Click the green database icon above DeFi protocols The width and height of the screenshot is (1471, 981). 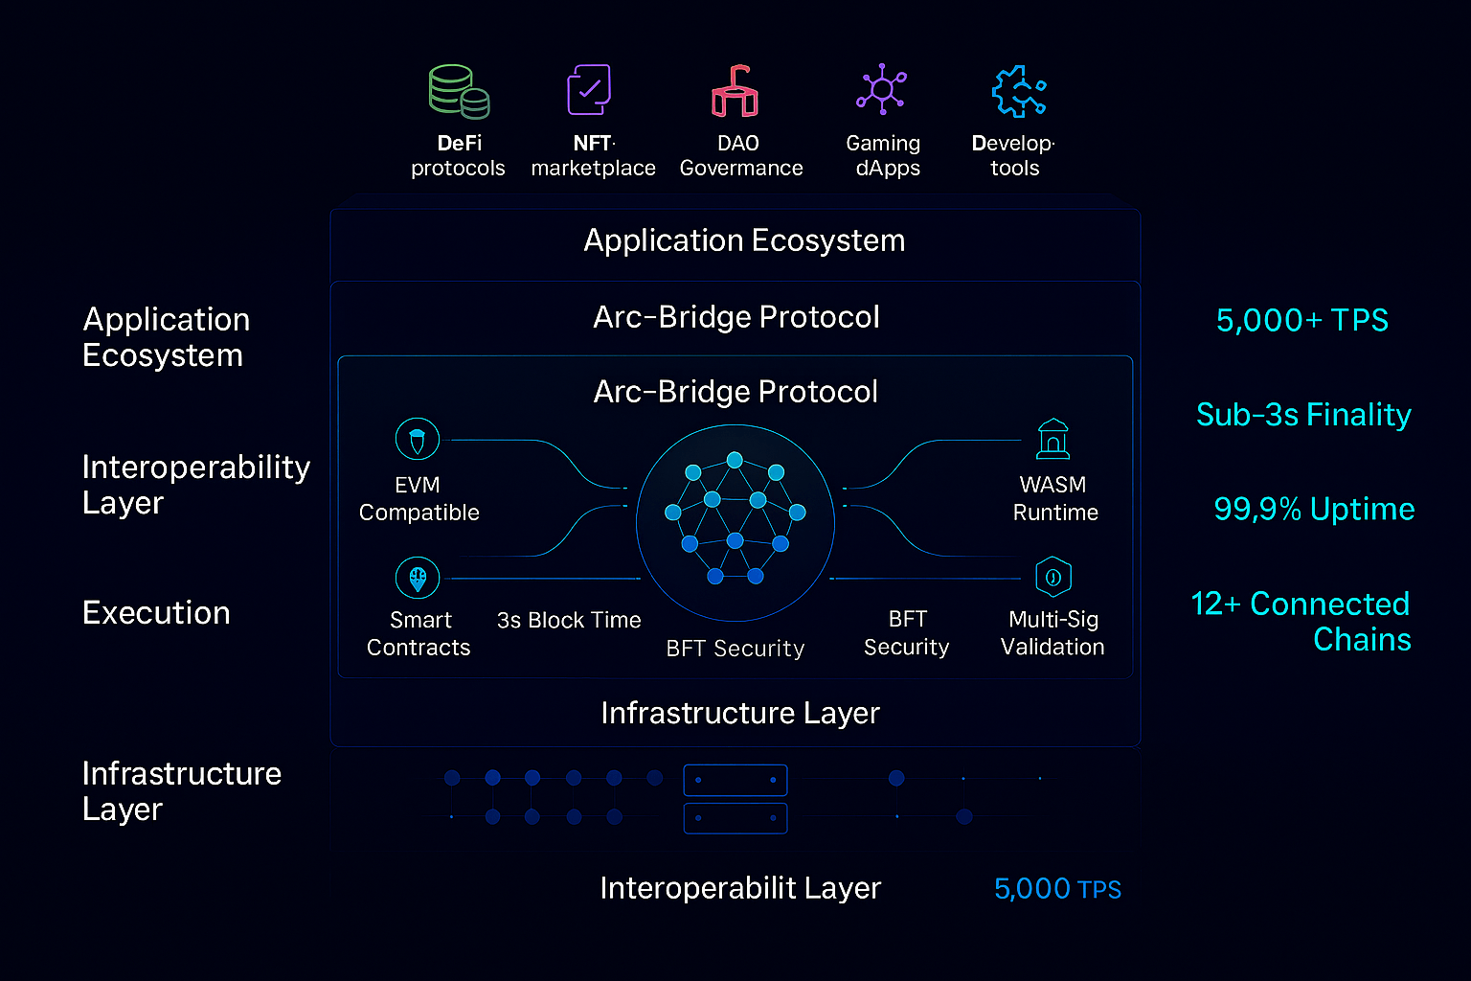[x=459, y=91]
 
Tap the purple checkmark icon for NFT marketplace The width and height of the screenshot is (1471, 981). [x=589, y=90]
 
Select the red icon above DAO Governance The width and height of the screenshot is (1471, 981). [x=735, y=92]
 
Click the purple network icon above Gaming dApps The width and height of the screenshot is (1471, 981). [x=881, y=90]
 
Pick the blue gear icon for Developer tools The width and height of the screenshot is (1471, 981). [x=1018, y=92]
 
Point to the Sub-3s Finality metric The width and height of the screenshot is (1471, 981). [x=1303, y=415]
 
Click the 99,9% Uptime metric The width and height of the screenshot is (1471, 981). [x=1314, y=509]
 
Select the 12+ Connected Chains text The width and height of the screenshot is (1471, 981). [x=1301, y=621]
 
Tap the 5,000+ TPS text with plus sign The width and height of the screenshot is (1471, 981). [x=1301, y=320]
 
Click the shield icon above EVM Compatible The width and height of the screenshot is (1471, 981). [x=418, y=440]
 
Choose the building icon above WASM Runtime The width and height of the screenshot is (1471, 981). [x=1053, y=440]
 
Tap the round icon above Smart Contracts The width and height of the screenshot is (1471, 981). [x=418, y=578]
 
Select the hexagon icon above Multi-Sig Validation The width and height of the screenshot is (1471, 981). [x=1053, y=577]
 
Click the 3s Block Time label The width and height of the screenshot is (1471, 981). [x=569, y=620]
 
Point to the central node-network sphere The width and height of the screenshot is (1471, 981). [x=735, y=523]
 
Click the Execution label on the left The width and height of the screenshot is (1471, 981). [x=156, y=613]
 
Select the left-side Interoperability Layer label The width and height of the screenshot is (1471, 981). [x=195, y=484]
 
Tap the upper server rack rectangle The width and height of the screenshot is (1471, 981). [x=735, y=780]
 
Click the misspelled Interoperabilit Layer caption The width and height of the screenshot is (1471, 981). [x=740, y=888]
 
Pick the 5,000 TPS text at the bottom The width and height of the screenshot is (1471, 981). [x=1057, y=889]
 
